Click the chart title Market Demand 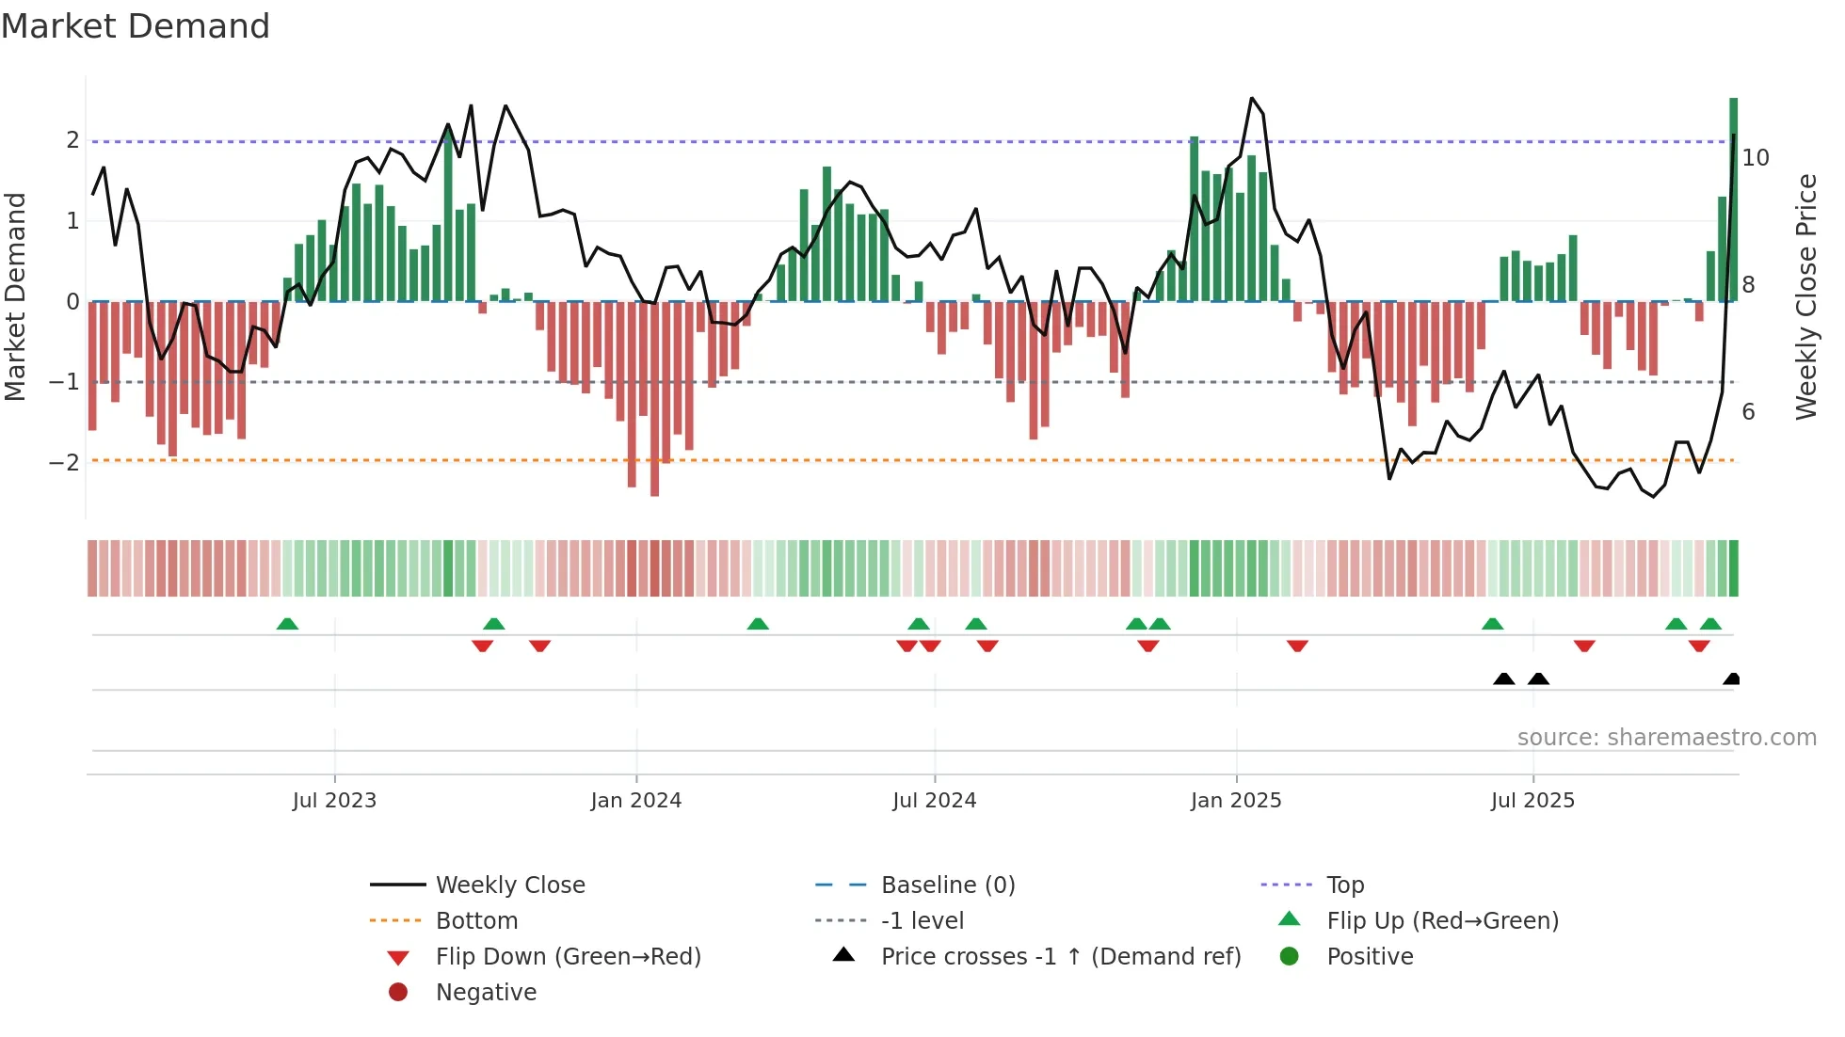[136, 26]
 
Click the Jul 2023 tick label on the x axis [334, 801]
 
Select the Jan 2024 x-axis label [635, 801]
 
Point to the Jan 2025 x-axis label [1235, 801]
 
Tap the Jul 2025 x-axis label [1532, 801]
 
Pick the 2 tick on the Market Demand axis [72, 140]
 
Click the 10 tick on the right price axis [1756, 158]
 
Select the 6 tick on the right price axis [1748, 412]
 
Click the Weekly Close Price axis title [1805, 296]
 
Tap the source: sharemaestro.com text [1666, 738]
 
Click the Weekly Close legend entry [509, 885]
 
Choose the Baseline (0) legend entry [947, 885]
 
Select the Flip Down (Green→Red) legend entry [568, 957]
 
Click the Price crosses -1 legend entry [1060, 957]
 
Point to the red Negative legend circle [398, 993]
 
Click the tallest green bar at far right [1733, 198]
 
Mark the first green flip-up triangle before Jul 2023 [287, 624]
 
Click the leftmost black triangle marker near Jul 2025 [1503, 679]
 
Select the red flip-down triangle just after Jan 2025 [1297, 646]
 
